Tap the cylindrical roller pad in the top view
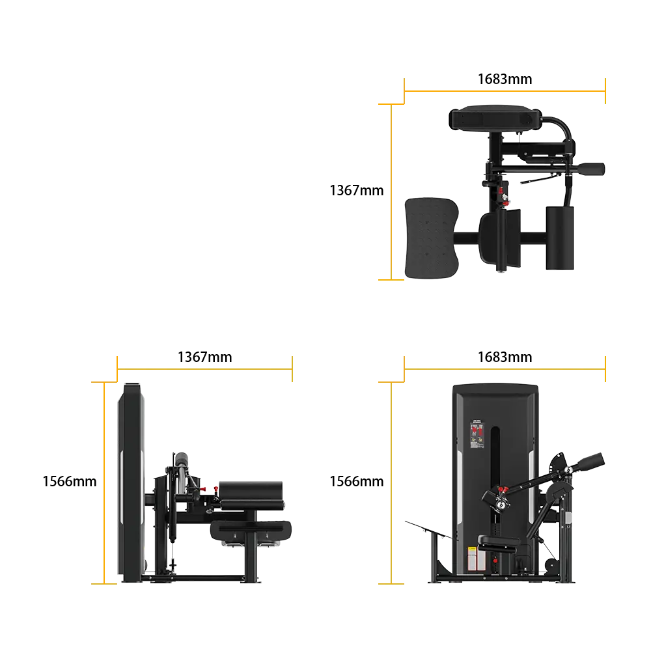click(561, 237)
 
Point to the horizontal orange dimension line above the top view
click(505, 91)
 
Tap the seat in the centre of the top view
click(501, 240)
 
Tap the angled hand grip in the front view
click(589, 461)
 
